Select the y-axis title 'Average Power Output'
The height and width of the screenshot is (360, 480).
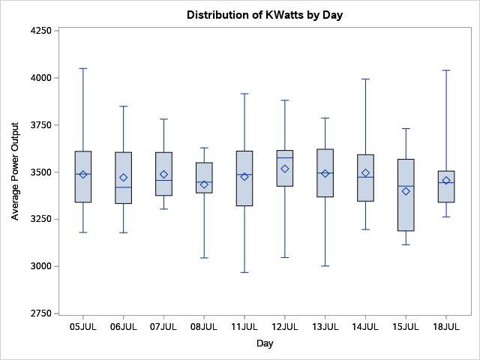pos(15,172)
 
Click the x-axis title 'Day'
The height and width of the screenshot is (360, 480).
pos(265,343)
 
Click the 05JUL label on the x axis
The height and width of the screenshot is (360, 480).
pos(83,327)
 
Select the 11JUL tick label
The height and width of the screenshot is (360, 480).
pos(244,327)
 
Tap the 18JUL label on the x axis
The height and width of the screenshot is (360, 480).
pos(446,327)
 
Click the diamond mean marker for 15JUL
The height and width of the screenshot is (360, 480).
pos(406,191)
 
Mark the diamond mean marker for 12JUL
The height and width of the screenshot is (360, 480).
pos(285,169)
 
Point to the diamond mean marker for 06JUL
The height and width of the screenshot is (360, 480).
pos(124,178)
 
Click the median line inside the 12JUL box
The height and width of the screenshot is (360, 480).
pos(285,157)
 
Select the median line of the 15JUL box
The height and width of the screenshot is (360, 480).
pos(406,186)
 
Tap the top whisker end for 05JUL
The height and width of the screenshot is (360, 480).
pos(83,68)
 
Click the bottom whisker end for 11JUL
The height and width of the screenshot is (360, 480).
pos(244,272)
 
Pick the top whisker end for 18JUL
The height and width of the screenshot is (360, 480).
pos(446,70)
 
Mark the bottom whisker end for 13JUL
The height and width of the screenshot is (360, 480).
pos(325,265)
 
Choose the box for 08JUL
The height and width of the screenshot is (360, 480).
pos(204,178)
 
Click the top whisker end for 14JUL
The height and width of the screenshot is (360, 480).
pos(365,79)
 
